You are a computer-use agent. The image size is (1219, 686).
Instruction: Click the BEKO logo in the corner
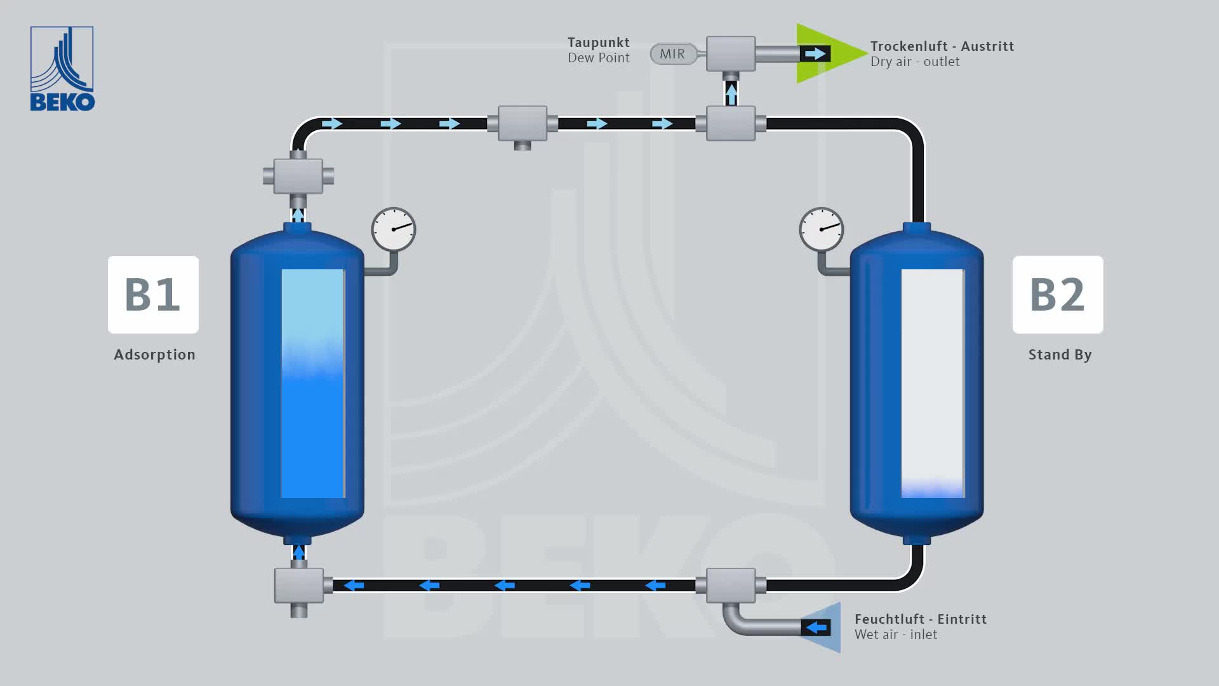62,69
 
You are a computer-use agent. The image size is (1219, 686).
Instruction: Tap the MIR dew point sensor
672,54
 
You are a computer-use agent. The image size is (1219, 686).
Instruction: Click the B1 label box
153,295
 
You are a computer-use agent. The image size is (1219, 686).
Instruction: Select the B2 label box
1058,295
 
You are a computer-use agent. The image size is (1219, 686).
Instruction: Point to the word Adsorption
154,354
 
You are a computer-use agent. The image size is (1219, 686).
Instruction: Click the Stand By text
1060,354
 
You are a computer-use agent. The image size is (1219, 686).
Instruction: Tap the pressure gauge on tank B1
394,229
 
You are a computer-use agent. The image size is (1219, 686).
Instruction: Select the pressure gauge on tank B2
822,229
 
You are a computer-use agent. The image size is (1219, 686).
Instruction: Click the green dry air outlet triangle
825,53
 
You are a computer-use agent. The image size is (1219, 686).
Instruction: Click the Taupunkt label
598,43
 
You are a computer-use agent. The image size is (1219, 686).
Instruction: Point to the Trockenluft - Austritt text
942,46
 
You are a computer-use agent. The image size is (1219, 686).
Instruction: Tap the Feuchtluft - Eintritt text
920,619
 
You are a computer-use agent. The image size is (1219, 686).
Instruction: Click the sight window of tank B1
313,384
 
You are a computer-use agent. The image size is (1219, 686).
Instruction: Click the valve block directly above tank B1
298,176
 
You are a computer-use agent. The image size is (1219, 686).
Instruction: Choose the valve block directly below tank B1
299,586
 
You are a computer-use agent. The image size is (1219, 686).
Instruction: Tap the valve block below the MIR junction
731,123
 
